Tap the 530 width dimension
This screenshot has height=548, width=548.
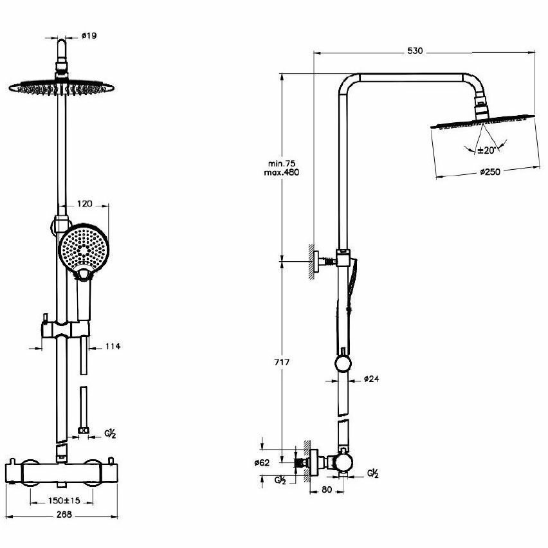(415, 51)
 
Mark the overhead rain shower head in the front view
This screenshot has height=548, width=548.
(58, 87)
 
